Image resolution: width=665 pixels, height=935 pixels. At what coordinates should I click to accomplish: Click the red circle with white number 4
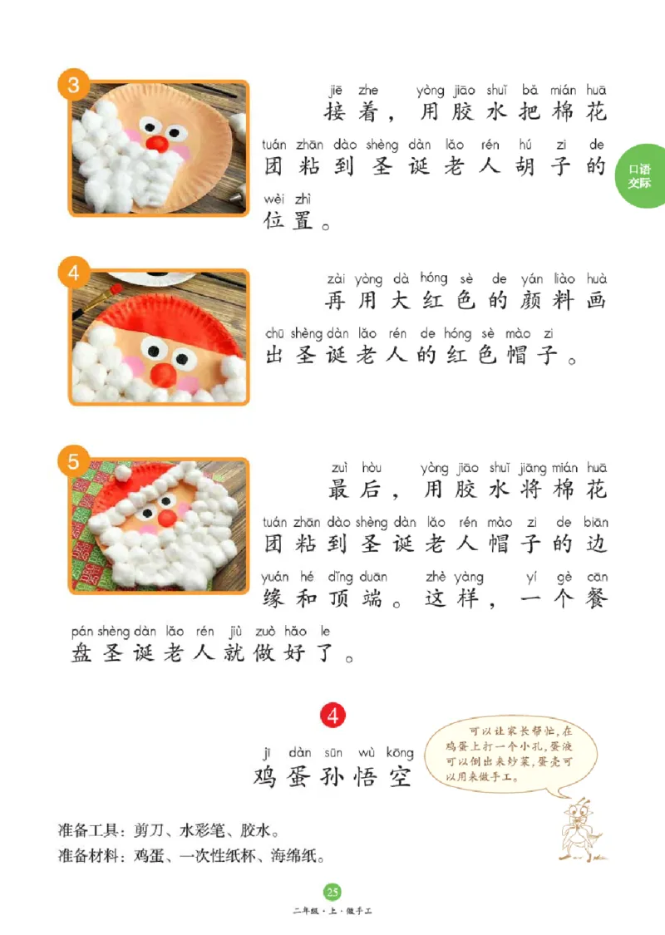click(332, 715)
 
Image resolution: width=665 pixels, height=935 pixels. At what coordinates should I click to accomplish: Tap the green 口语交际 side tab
click(642, 176)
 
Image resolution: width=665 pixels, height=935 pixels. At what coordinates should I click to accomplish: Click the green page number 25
click(332, 893)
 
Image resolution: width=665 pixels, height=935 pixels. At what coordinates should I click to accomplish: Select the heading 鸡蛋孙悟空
click(332, 776)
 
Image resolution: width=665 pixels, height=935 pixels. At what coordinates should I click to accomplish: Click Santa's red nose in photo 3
click(155, 142)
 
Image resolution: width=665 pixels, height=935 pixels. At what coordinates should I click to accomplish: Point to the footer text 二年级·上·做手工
click(332, 912)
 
